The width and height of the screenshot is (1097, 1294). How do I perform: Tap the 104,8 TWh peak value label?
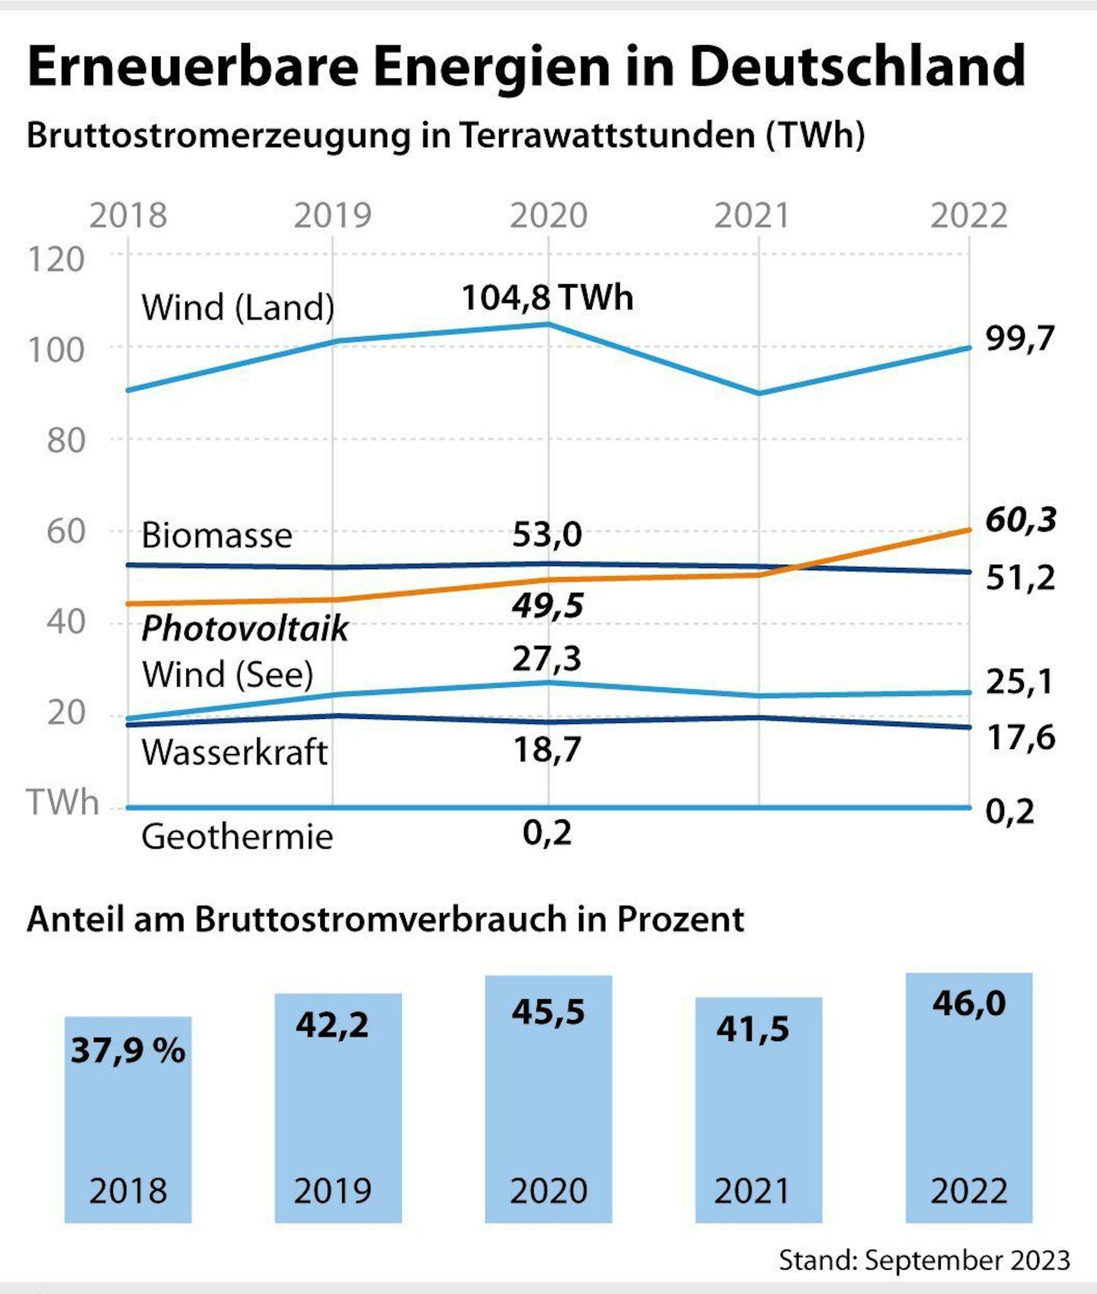pos(547,297)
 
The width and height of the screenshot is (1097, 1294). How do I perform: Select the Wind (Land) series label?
pos(238,307)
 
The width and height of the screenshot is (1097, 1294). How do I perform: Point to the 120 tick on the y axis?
pos(56,260)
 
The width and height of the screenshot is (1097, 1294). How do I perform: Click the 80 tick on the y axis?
pos(65,441)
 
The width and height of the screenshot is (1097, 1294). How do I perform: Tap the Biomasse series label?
pos(217,535)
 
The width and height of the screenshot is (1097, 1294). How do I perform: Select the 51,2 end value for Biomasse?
pos(1020,578)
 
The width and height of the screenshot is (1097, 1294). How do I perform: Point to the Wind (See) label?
pos(228,674)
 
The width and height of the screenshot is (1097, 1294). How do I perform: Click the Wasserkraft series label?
pos(234,753)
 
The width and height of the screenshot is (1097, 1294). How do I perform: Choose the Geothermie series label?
pos(237,837)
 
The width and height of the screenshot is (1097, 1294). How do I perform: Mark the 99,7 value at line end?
pos(1020,340)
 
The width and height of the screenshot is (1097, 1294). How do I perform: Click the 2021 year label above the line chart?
pos(751,216)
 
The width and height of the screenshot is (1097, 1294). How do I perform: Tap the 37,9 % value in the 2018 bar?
pos(128,1051)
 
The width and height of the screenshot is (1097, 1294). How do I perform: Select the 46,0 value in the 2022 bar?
pos(968,1004)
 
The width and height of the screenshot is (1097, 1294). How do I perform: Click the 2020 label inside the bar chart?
pos(548,1191)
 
